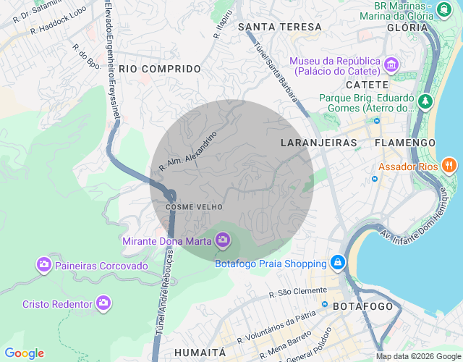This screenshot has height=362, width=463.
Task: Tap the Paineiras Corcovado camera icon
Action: tap(44, 264)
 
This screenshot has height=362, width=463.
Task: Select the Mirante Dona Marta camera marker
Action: tap(222, 239)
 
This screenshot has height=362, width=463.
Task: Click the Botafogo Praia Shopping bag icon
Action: tap(337, 261)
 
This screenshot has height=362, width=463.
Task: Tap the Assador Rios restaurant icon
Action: tap(449, 165)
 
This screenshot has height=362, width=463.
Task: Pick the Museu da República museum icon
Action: tap(391, 65)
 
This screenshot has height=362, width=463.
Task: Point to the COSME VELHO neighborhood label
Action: tap(189, 207)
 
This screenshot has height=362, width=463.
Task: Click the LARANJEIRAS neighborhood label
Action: tap(318, 143)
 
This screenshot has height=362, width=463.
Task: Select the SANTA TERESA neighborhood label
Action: tap(279, 27)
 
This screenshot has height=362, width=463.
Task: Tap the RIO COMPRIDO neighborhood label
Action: tap(160, 69)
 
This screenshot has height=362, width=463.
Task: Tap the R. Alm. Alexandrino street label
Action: tap(187, 152)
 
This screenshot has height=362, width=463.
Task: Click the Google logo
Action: tap(24, 353)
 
